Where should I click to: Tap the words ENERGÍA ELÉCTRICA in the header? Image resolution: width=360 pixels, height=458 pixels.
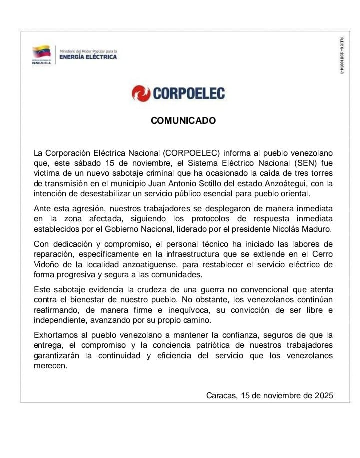click(88, 57)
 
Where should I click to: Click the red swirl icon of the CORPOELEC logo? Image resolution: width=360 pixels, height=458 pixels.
click(141, 93)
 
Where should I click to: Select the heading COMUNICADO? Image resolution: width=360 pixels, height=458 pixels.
click(183, 121)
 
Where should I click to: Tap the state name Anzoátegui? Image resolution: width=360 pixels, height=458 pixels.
click(282, 184)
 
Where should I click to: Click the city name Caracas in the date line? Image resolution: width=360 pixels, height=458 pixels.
click(221, 395)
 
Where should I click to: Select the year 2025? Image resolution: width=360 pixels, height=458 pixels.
click(324, 395)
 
